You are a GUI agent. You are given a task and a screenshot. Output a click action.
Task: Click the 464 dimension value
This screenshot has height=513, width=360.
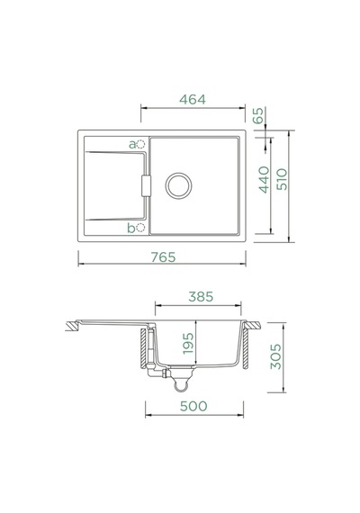pos(193,100)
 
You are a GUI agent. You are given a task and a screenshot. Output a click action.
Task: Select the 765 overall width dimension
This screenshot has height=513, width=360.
pos(163,257)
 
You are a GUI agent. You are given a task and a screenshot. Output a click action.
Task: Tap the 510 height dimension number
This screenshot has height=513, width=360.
pos(282,179)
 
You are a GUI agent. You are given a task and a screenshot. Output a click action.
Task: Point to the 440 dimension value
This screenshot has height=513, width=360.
pos(264,180)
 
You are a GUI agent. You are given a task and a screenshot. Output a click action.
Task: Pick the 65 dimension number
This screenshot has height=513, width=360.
pos(258,116)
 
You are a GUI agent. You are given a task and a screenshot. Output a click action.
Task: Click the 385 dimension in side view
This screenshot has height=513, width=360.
pos(201,297)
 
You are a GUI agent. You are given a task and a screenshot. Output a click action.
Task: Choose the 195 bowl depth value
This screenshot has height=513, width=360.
pos(188,344)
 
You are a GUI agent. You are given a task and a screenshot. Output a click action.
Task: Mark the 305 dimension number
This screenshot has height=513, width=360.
pos(275,356)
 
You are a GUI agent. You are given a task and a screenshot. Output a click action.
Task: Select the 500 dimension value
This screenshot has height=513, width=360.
pos(193,406)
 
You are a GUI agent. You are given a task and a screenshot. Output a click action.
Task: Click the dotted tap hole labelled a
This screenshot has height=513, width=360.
pos(140,144)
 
